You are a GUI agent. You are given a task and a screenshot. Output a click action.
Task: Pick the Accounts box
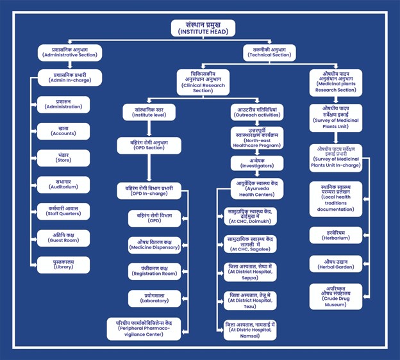coord(63,131)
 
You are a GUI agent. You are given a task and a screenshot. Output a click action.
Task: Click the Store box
coord(63,158)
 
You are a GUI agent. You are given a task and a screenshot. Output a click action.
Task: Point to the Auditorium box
coord(63,184)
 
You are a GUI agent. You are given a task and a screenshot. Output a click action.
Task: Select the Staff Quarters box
coord(63,211)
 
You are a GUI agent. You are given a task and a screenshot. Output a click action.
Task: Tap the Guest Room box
coord(63,238)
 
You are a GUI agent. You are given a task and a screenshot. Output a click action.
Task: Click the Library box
coord(63,265)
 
